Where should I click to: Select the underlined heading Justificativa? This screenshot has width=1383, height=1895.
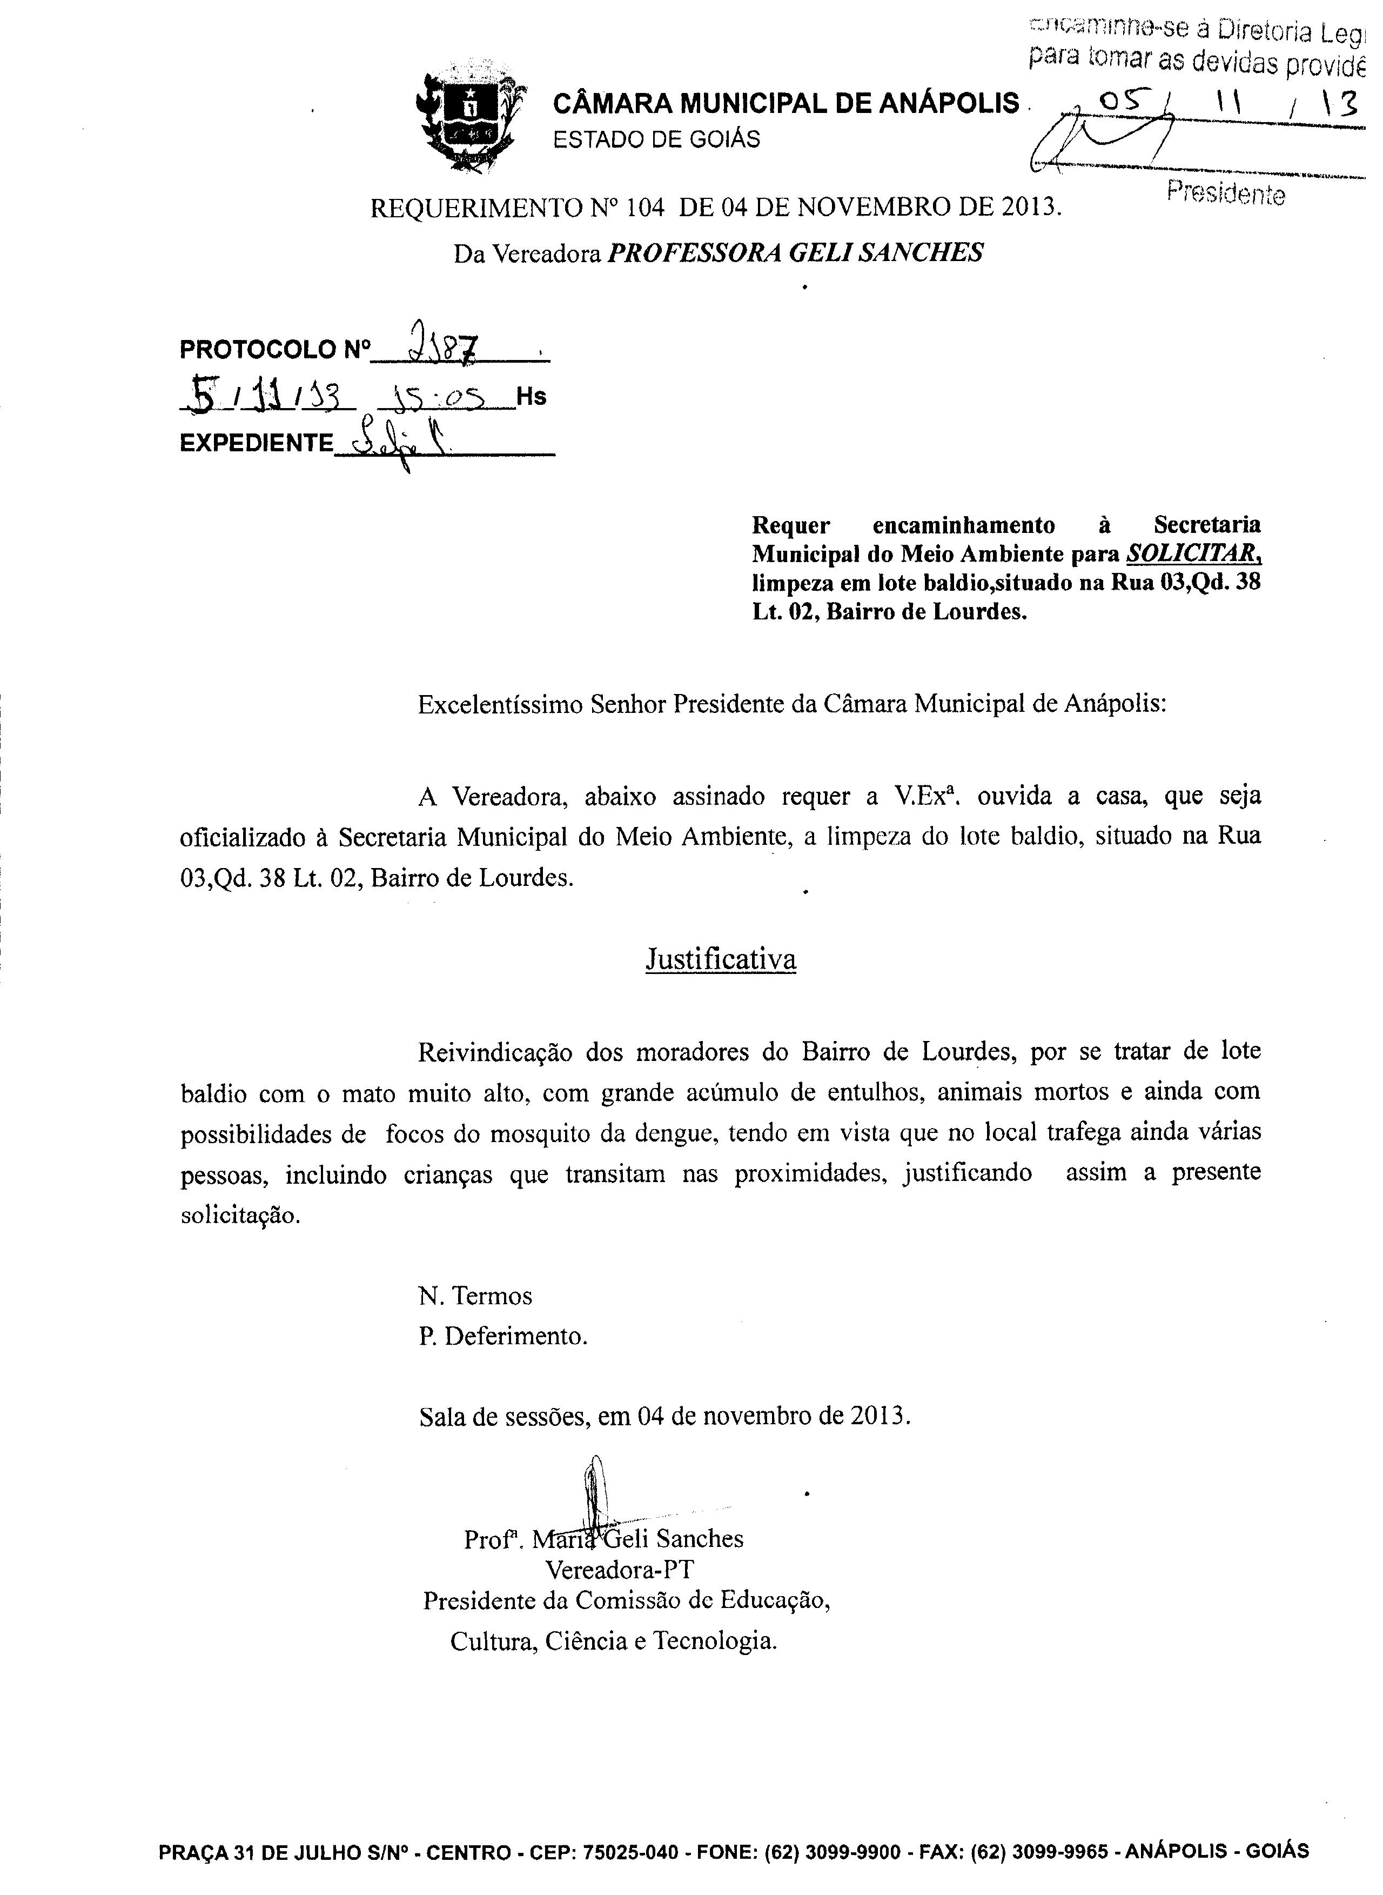(720, 959)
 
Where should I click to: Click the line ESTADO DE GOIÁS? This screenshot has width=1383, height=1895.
(657, 139)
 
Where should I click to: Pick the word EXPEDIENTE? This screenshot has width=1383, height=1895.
(256, 443)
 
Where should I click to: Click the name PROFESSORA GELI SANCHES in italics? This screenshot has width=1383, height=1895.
(795, 252)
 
